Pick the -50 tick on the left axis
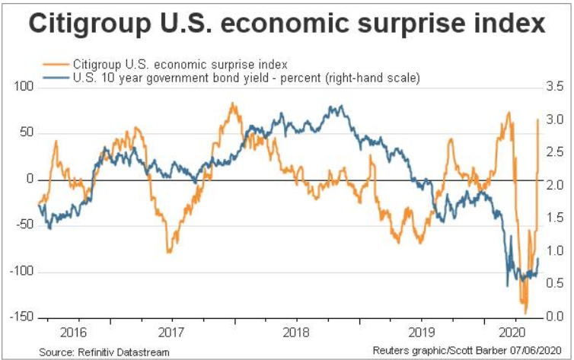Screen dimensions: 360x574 (x=25, y=225)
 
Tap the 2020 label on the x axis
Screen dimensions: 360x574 (x=509, y=333)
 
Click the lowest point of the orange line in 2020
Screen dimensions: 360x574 (x=525, y=313)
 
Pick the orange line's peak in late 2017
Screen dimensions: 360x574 (x=232, y=104)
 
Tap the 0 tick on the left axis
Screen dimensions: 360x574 (x=30, y=180)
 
